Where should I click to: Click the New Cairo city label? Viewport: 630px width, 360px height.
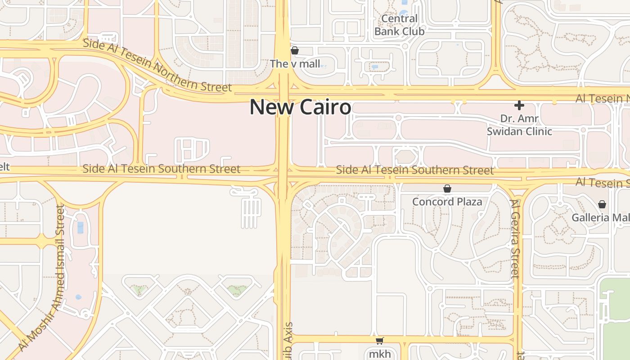[300, 107]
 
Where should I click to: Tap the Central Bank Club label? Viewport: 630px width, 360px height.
[399, 25]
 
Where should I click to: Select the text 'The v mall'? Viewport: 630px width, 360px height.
[295, 64]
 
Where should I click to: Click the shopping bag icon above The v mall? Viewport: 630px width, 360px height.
[295, 50]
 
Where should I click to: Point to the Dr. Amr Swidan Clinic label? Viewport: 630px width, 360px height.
[519, 125]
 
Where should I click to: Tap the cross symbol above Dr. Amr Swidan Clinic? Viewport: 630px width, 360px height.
[519, 105]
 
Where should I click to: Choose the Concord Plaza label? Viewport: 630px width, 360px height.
[447, 202]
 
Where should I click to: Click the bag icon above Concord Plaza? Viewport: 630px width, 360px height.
[447, 189]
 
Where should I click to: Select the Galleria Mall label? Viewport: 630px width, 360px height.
[600, 218]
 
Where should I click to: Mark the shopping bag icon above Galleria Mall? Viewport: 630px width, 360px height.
[602, 204]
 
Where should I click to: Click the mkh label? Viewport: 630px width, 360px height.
[380, 354]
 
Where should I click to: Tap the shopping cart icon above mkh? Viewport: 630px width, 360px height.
[380, 341]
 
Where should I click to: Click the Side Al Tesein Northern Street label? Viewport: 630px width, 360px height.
[157, 66]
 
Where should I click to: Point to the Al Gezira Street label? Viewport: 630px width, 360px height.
[516, 238]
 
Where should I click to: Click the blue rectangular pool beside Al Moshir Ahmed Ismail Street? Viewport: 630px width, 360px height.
[80, 227]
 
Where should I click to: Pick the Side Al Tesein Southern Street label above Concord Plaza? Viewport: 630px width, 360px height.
[414, 170]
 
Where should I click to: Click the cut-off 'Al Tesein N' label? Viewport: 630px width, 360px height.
[603, 98]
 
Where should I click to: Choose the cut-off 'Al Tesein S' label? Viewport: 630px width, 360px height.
[603, 182]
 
